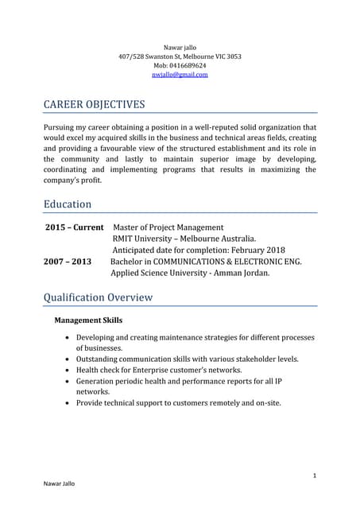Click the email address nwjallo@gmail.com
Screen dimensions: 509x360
click(x=180, y=75)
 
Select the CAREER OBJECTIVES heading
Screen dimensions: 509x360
click(x=94, y=104)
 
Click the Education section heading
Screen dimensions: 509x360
click(x=68, y=204)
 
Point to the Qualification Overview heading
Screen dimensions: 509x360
click(x=98, y=297)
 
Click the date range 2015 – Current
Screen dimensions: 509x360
click(x=75, y=227)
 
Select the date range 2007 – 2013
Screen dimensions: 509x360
click(x=68, y=262)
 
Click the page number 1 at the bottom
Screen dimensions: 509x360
click(x=315, y=475)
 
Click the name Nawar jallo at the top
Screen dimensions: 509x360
click(x=180, y=47)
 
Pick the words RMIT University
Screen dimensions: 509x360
click(x=146, y=239)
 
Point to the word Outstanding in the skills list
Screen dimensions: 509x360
click(x=102, y=359)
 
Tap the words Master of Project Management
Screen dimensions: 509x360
click(x=169, y=227)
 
